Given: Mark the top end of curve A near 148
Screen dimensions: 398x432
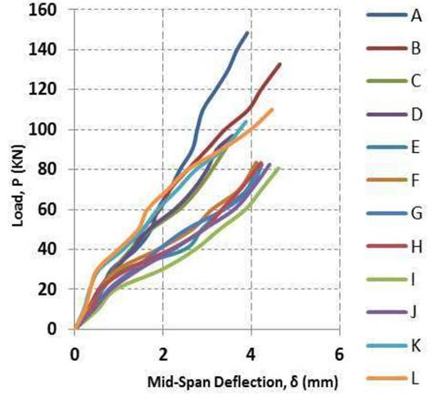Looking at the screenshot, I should pos(247,33).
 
